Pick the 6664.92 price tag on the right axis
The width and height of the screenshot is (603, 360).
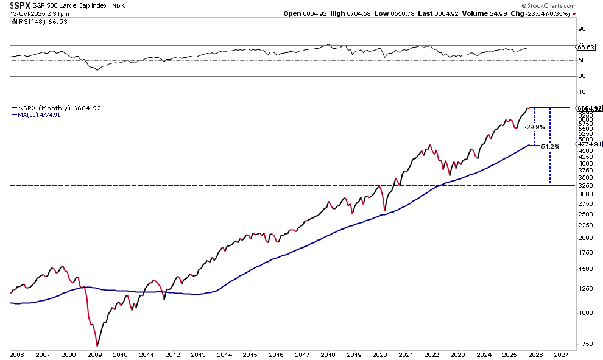589,108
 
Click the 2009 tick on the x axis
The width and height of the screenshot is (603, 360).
95,354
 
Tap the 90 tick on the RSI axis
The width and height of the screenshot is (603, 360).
582,29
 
